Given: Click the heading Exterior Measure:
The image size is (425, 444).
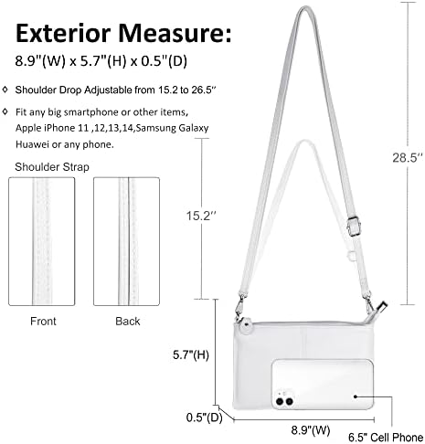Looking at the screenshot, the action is [x=123, y=33].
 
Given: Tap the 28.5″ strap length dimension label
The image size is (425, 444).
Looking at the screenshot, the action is [x=408, y=158].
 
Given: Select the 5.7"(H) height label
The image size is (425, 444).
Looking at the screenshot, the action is [x=191, y=355].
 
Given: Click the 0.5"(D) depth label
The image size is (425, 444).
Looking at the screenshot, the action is [x=204, y=418].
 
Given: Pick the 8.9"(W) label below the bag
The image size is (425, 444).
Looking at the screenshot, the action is [x=311, y=430].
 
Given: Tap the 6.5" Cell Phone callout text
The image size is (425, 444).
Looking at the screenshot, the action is [x=386, y=438].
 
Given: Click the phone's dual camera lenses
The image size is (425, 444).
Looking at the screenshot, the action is [x=284, y=401].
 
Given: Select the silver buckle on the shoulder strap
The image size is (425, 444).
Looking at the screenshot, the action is [x=354, y=226].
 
